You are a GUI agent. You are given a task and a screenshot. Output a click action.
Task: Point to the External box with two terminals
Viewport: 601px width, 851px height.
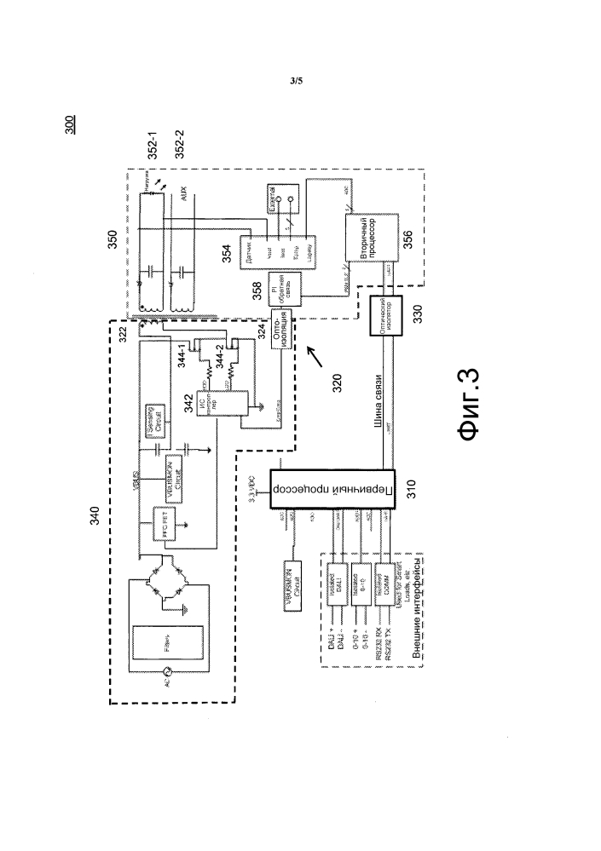click(x=282, y=201)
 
